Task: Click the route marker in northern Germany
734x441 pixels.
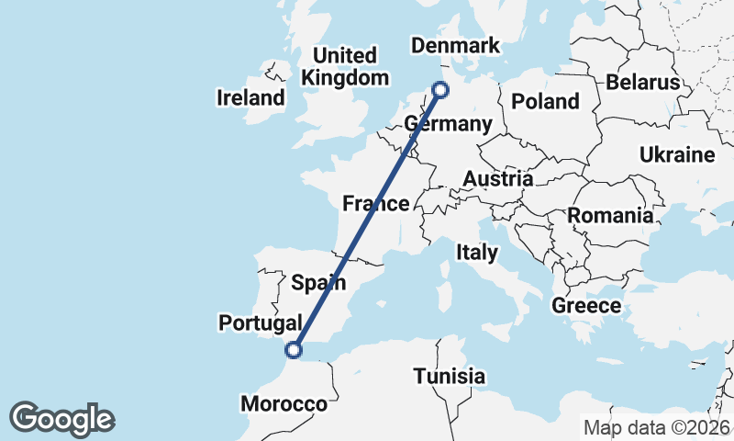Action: [x=441, y=89]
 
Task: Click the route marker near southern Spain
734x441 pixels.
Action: [x=294, y=349]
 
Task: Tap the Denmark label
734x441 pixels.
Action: [x=455, y=46]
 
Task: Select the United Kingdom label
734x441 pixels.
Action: [x=345, y=66]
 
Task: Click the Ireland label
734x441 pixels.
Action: [x=250, y=97]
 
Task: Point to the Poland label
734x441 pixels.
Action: [x=546, y=101]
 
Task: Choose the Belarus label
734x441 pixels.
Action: [x=642, y=83]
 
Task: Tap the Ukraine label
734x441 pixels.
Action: [x=677, y=153]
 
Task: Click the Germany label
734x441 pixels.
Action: [x=449, y=124]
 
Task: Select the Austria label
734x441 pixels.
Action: [x=497, y=178]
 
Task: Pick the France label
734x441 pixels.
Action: [x=375, y=203]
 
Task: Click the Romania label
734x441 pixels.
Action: [x=610, y=216]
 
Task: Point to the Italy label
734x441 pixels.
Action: [x=477, y=252]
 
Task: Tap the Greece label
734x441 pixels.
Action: [x=586, y=306]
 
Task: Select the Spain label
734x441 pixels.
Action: [x=318, y=282]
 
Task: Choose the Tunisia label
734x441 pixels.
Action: [x=449, y=376]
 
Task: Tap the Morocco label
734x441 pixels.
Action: [x=284, y=404]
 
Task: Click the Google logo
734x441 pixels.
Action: [x=61, y=419]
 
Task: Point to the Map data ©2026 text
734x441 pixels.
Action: [x=657, y=427]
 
